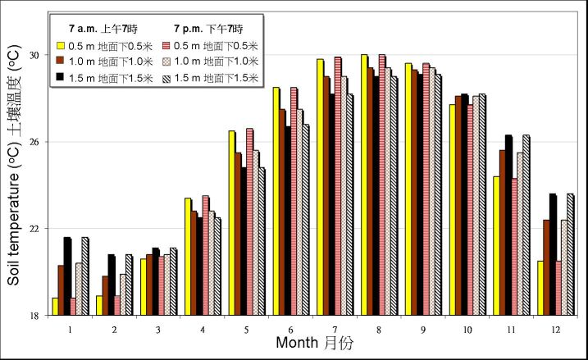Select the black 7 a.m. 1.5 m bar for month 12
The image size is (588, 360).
pos(554,254)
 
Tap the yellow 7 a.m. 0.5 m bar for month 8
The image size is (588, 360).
pos(364,185)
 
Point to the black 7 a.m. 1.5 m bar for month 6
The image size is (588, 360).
pos(289,221)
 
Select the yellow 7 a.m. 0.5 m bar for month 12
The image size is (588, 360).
pos(540,288)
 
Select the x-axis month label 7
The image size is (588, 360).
pos(335,328)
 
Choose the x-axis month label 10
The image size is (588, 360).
pos(467,328)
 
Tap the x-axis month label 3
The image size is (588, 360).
pos(158,328)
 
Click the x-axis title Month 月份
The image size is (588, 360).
pos(314,344)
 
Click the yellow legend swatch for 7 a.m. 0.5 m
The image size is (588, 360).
pos(60,45)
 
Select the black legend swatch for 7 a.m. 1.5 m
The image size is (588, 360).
pos(60,76)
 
